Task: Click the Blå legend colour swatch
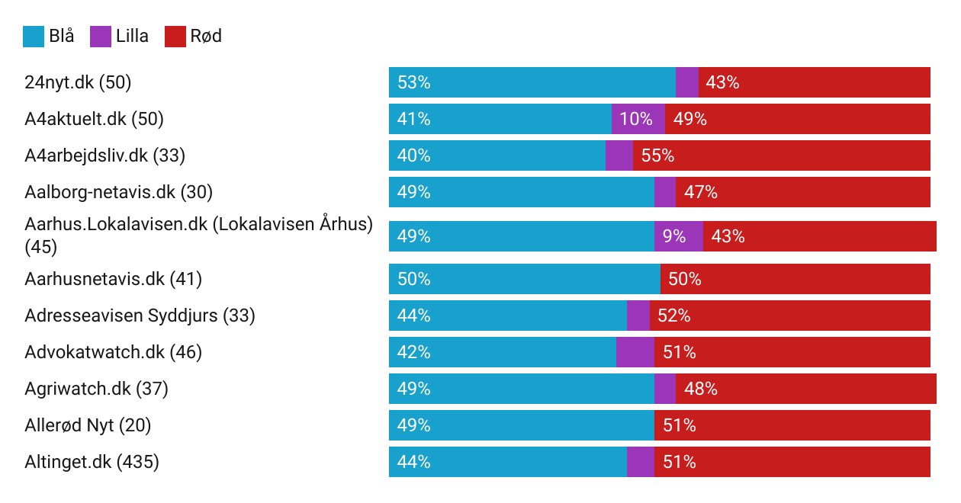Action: click(33, 36)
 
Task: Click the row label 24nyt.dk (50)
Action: click(78, 82)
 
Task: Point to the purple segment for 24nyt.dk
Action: click(686, 82)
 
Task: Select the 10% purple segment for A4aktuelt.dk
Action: click(638, 119)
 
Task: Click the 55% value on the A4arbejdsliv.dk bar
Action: click(657, 155)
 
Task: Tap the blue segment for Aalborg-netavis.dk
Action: click(521, 192)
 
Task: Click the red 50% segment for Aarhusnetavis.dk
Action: click(795, 280)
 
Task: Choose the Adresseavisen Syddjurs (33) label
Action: click(140, 316)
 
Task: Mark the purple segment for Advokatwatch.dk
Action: click(635, 352)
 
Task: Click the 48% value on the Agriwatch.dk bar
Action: click(700, 389)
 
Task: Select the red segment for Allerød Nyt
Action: click(792, 425)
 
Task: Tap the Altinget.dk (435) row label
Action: click(92, 462)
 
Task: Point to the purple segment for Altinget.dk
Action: click(640, 462)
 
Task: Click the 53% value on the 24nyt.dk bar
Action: click(414, 82)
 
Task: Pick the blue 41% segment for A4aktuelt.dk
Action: click(500, 119)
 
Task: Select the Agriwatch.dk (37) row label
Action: click(96, 389)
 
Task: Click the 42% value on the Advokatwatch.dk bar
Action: click(414, 352)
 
